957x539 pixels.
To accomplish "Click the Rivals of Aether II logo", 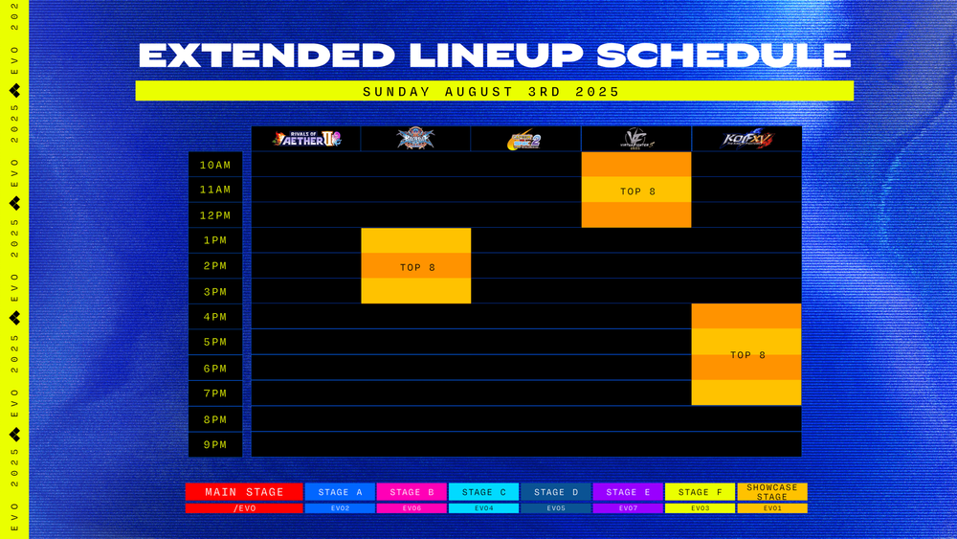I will [306, 139].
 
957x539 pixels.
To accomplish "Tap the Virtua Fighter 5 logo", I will [636, 139].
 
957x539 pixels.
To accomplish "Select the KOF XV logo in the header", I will [746, 139].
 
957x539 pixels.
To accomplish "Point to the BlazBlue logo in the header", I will [416, 139].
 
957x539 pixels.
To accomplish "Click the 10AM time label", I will [215, 165].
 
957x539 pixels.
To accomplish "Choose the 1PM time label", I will [215, 240].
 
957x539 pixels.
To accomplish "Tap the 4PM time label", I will [215, 317].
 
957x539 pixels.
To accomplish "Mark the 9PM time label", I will [215, 444].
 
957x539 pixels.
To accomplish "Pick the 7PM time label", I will [215, 393].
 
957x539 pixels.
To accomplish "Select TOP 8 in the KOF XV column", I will [747, 355].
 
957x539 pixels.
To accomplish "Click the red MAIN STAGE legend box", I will [245, 492].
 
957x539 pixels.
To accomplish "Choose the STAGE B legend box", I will [412, 492].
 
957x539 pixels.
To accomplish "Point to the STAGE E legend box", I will [628, 492].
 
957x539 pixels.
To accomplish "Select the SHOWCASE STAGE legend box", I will [772, 492].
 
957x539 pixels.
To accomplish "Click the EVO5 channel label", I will [556, 508].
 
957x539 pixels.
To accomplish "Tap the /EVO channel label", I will [245, 508].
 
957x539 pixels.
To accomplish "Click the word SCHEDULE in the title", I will [723, 56].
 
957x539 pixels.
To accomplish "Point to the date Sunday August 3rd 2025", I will [492, 92].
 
